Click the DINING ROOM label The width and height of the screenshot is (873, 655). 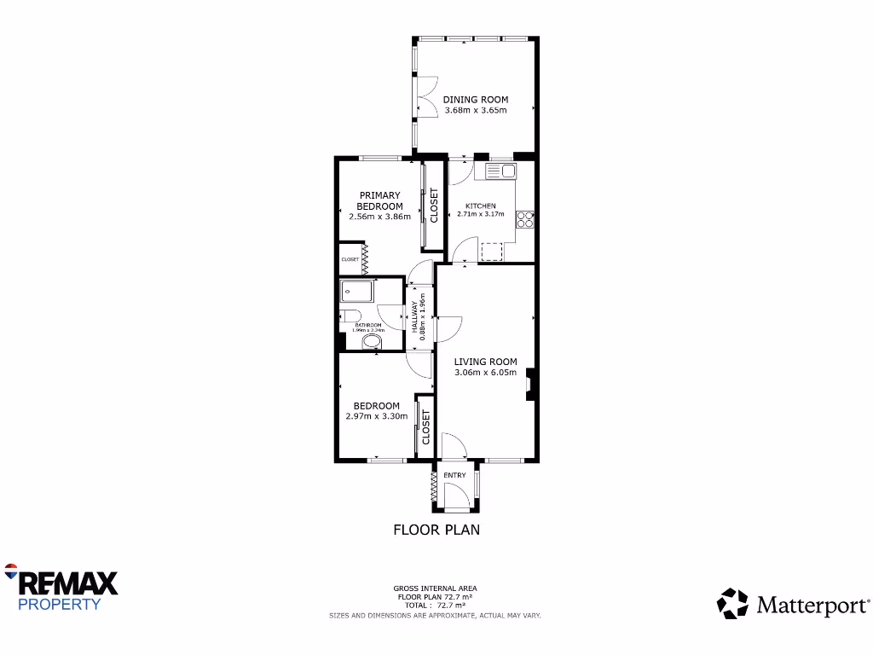[x=475, y=100]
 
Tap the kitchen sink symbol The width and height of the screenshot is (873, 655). [x=500, y=171]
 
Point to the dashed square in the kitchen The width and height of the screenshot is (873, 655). [x=493, y=251]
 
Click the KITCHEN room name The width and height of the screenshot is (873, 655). [x=480, y=206]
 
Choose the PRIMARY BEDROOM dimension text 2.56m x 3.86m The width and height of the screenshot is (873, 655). [x=379, y=217]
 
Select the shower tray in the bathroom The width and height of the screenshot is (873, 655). [x=358, y=292]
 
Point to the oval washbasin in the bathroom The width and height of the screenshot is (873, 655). [x=373, y=343]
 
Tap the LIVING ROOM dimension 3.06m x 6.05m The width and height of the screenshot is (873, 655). [x=485, y=372]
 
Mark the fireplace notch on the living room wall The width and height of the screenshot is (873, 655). [x=529, y=384]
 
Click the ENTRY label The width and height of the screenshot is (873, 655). [x=454, y=475]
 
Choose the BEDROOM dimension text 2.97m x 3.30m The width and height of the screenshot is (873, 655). [x=376, y=416]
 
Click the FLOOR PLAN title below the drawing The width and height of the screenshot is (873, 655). [x=436, y=530]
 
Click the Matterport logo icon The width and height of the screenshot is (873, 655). [x=732, y=603]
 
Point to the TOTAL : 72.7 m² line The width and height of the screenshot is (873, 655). [x=435, y=605]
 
